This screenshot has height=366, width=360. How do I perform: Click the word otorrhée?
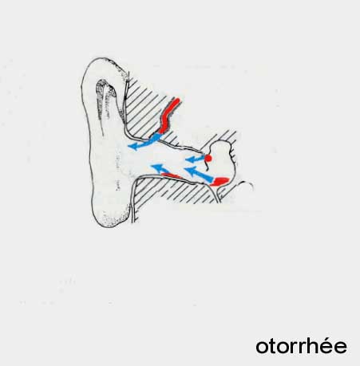click(302, 346)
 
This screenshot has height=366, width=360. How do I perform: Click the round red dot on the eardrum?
click(208, 159)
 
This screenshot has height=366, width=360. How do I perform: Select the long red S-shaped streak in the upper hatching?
click(169, 116)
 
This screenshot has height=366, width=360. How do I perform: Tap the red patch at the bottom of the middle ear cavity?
click(220, 181)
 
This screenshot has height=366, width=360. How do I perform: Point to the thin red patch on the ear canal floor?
click(171, 175)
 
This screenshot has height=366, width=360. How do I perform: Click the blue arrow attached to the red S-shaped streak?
click(144, 142)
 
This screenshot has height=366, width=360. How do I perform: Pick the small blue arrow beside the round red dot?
click(195, 159)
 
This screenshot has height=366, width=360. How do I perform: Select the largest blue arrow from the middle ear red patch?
click(198, 174)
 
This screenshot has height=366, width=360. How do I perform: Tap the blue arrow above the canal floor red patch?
click(160, 169)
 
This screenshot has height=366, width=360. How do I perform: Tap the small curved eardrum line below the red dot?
click(206, 166)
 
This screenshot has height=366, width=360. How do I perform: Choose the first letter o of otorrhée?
click(262, 348)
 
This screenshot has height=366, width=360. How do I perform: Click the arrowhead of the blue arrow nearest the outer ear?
click(133, 146)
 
